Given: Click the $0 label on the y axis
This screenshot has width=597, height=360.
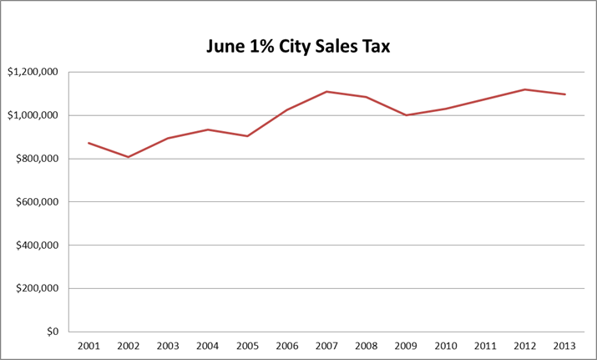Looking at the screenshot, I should (52, 332).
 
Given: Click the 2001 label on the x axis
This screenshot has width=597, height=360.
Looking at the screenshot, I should (89, 345).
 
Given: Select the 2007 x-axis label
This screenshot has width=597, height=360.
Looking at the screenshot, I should (327, 345).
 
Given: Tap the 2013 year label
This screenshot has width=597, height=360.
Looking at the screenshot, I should (565, 345).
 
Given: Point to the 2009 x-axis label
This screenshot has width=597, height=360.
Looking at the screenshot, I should (407, 345).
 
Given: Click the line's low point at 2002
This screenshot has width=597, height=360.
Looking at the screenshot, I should (129, 157).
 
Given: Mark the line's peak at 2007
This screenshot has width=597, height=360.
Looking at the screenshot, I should (327, 91).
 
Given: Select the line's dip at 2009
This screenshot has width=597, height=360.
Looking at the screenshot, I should (407, 115).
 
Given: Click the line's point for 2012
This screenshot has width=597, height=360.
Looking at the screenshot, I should (525, 89).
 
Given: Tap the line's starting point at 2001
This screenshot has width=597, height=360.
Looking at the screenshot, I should (89, 143).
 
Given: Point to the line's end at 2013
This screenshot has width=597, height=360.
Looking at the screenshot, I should (565, 94).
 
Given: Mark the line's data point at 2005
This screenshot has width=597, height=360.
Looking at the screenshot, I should (247, 136).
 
